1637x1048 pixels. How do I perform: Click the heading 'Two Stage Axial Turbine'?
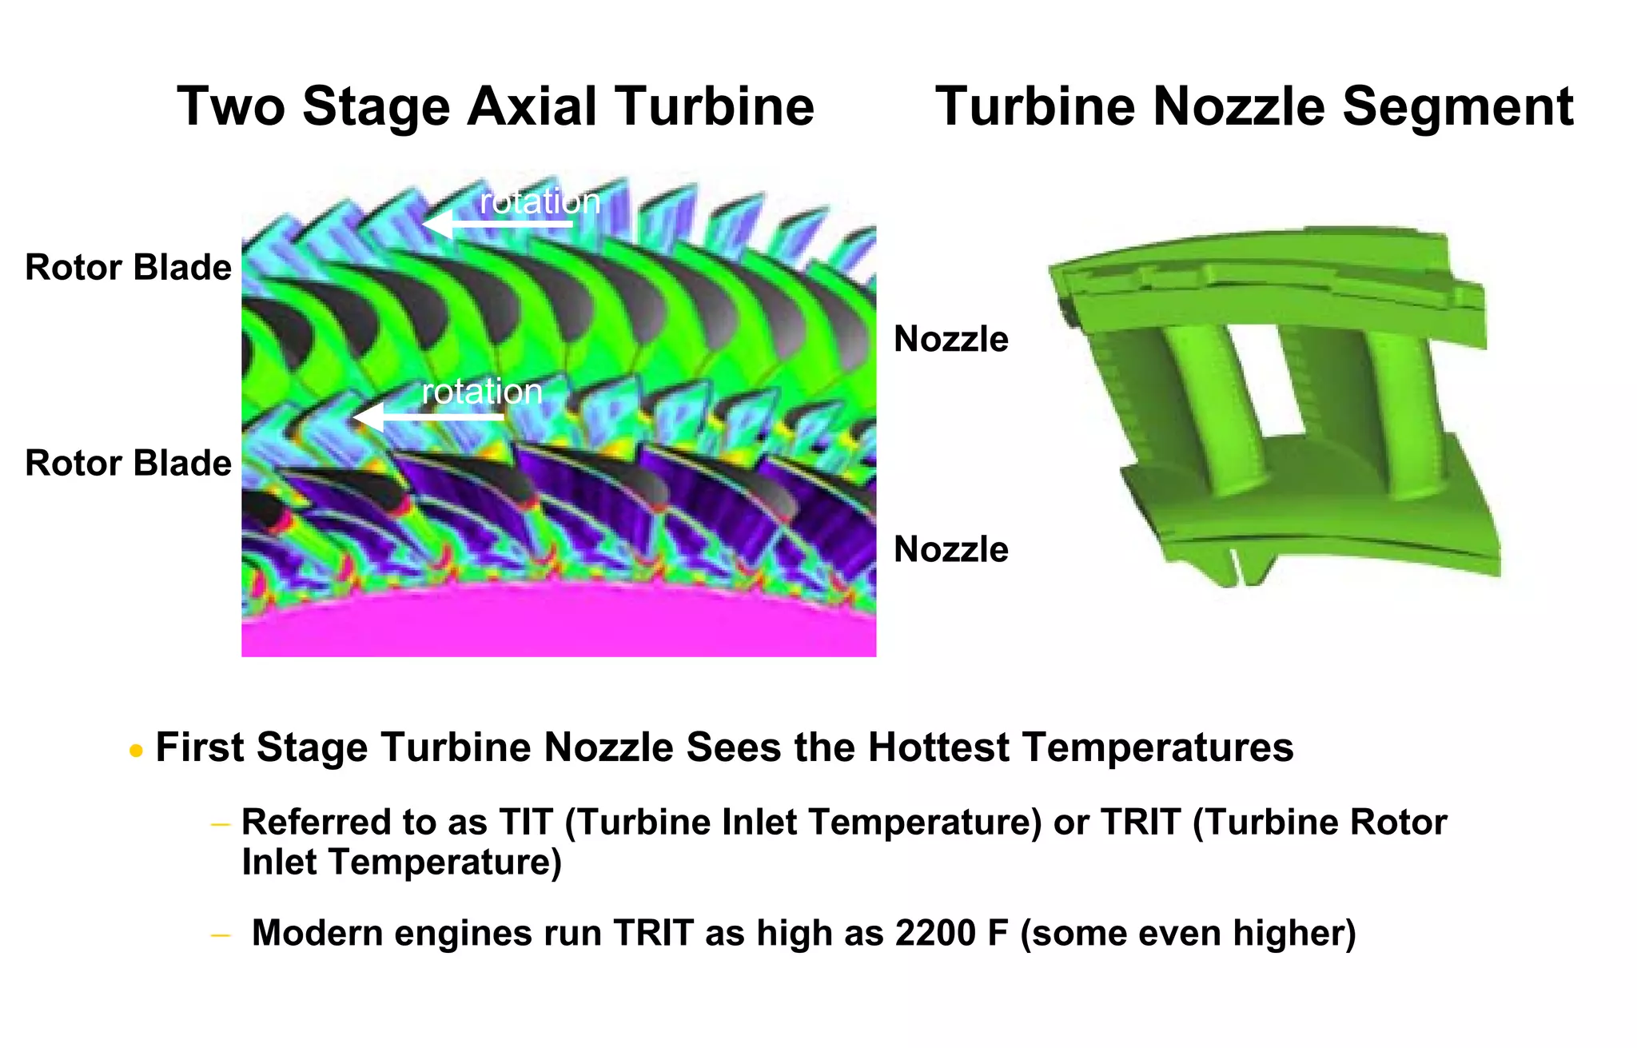tap(496, 106)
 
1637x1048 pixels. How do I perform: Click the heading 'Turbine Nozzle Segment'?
tap(1254, 106)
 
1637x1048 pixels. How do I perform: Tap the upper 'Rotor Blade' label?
tap(128, 268)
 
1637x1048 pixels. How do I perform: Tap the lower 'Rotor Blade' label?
tap(128, 464)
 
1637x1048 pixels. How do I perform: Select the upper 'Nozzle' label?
tap(950, 340)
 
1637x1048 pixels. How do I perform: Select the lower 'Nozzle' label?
tap(950, 550)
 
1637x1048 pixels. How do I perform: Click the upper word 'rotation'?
tap(540, 201)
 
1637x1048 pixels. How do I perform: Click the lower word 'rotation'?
tap(482, 392)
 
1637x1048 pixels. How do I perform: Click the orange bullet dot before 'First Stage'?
tap(136, 751)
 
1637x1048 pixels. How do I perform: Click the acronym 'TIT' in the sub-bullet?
tap(526, 823)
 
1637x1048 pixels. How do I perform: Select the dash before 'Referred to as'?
tap(221, 824)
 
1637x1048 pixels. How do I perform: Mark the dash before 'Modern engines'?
tap(221, 934)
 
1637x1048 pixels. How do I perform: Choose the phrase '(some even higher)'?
tap(1188, 933)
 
